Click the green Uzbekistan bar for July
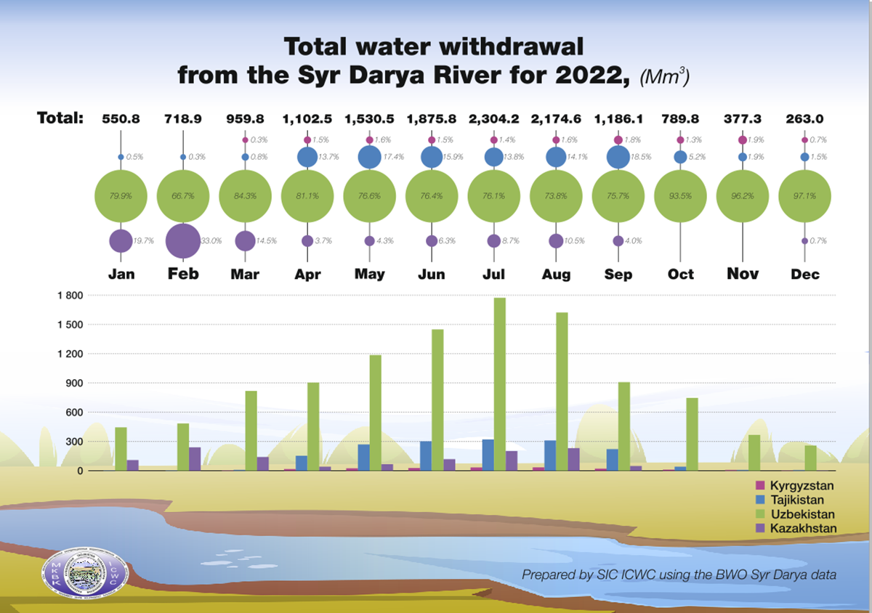pyautogui.click(x=500, y=384)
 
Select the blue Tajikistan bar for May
pyautogui.click(x=363, y=458)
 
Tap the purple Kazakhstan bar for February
pyautogui.click(x=195, y=459)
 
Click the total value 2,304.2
pyautogui.click(x=494, y=118)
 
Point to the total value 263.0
pyautogui.click(x=804, y=118)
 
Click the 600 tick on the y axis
pyautogui.click(x=75, y=413)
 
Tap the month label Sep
pyautogui.click(x=618, y=275)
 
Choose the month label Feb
pyautogui.click(x=183, y=274)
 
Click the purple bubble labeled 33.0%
pyautogui.click(x=182, y=240)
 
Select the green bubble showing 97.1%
pyautogui.click(x=804, y=196)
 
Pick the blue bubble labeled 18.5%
pyautogui.click(x=618, y=157)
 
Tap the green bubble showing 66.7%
pyautogui.click(x=182, y=196)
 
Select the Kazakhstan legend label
pyautogui.click(x=804, y=528)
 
